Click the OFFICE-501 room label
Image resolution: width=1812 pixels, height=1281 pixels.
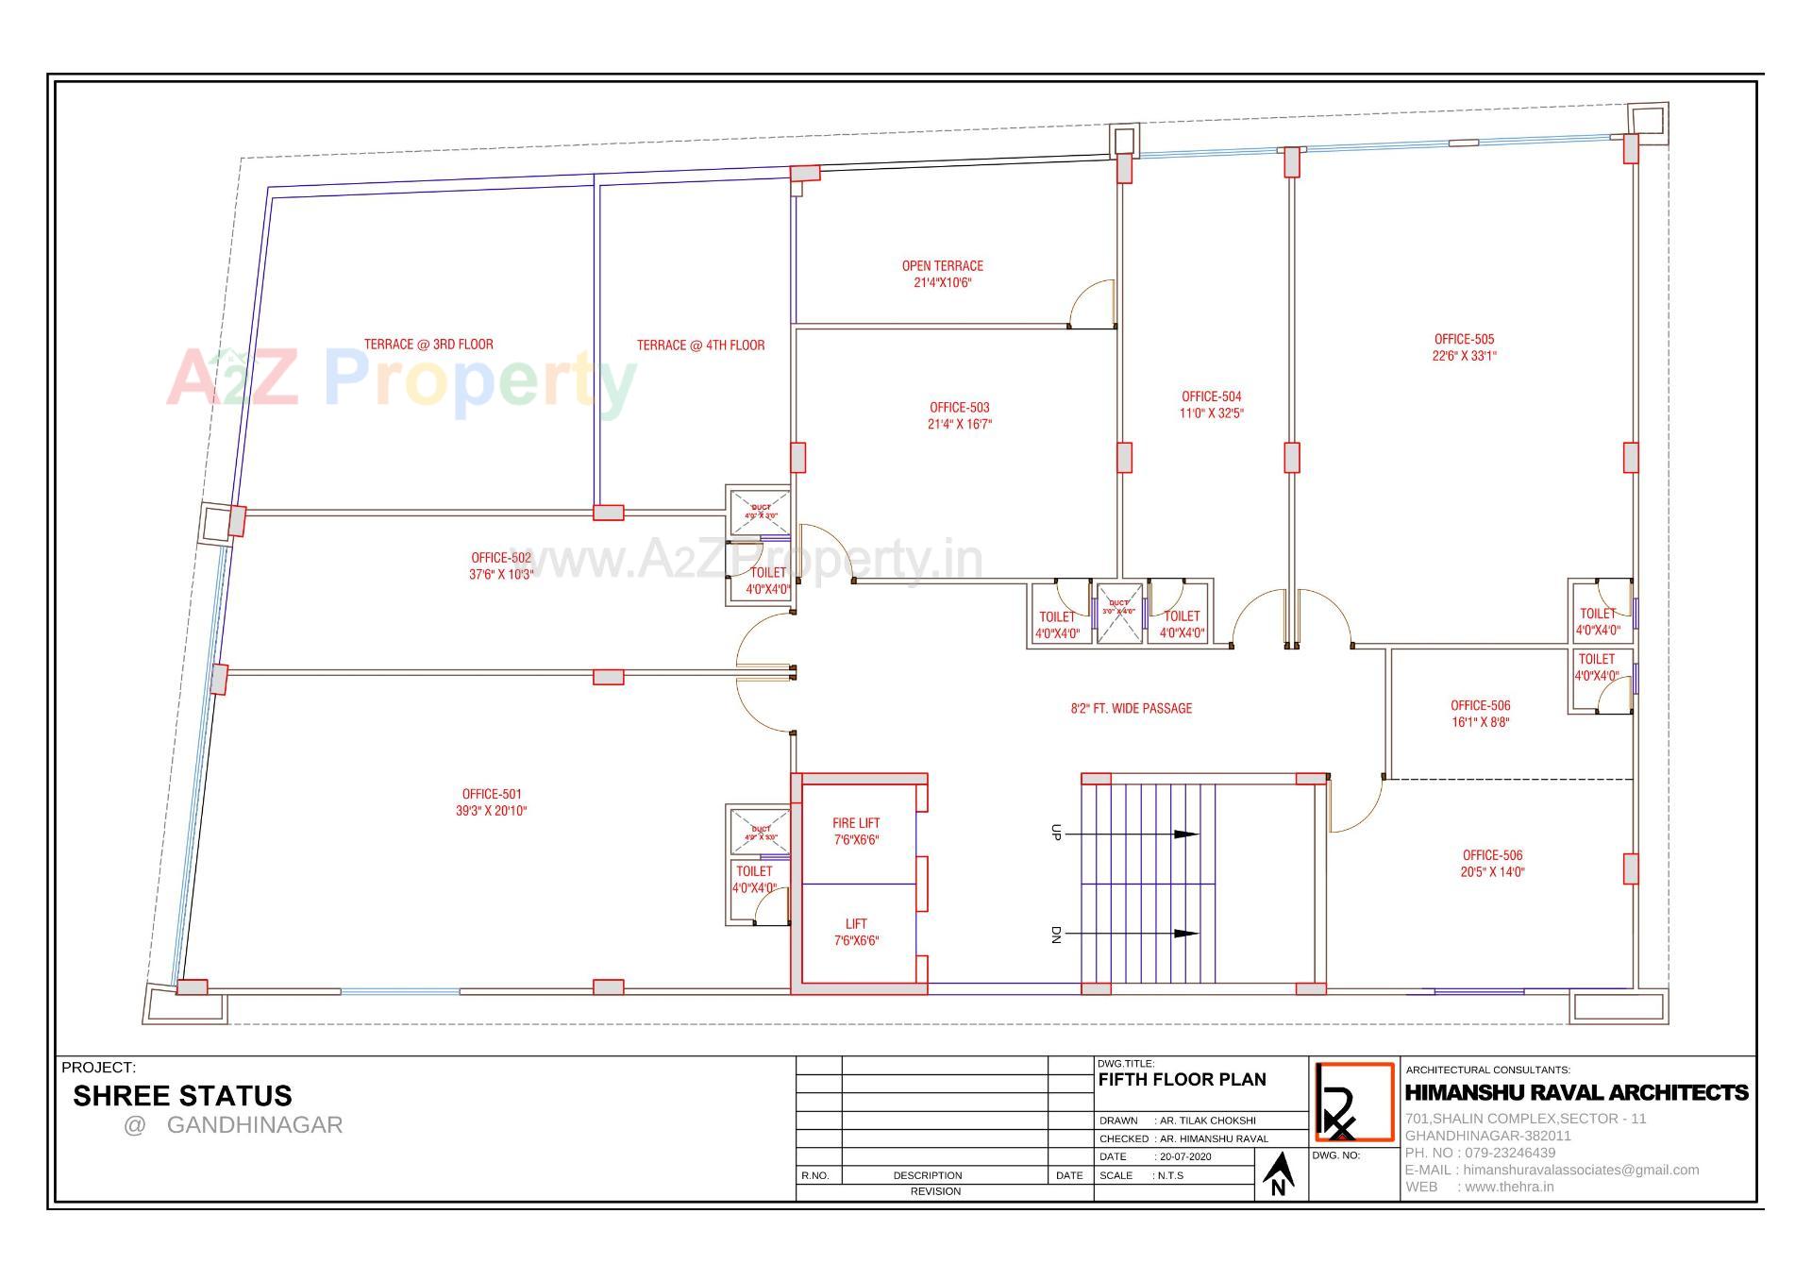[491, 794]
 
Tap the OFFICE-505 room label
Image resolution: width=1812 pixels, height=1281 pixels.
[1464, 339]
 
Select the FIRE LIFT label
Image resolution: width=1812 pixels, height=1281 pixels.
[855, 823]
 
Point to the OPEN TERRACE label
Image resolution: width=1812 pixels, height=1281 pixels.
[942, 266]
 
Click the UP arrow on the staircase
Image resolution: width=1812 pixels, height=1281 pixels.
[1184, 834]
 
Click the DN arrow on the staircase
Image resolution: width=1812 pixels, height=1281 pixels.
[1184, 934]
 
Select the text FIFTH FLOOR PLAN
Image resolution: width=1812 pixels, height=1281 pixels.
[1182, 1080]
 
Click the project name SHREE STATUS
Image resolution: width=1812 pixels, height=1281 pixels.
[182, 1096]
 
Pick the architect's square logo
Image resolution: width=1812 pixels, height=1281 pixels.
[1354, 1102]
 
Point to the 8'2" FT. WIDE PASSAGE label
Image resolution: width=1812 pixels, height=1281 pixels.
[1131, 708]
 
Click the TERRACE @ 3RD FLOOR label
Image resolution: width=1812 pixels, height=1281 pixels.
[428, 345]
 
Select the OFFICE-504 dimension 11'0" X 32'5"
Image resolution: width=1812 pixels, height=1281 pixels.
[1212, 413]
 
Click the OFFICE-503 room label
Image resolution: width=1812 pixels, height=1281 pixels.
[959, 408]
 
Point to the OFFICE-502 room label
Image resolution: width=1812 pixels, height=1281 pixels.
[501, 558]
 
